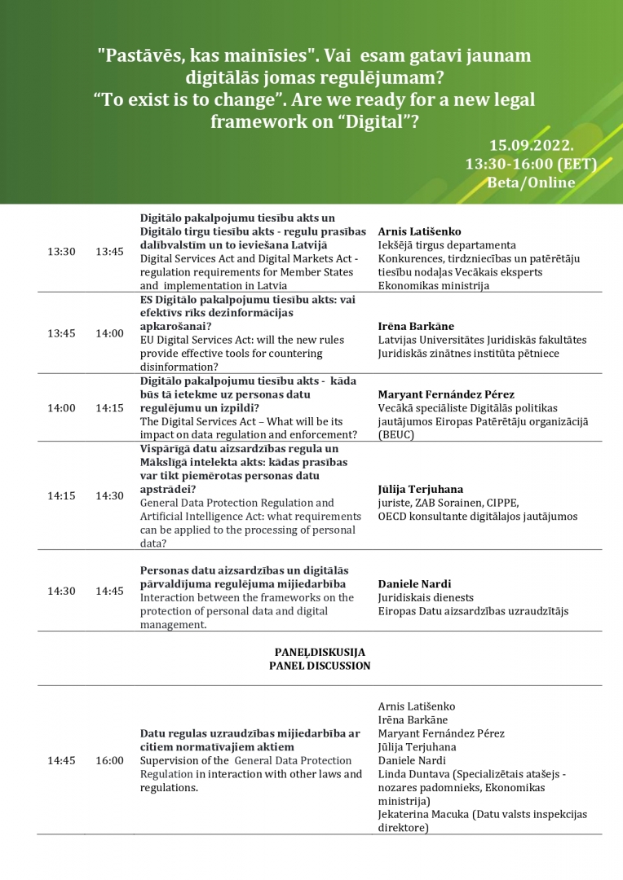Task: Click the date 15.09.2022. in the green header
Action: click(x=531, y=146)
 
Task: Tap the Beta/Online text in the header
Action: click(x=530, y=182)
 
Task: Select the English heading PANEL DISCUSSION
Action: click(x=320, y=666)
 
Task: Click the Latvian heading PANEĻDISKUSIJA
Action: click(x=320, y=652)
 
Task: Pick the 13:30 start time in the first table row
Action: click(x=61, y=252)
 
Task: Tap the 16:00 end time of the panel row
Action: click(x=109, y=760)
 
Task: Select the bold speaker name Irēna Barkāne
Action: click(x=416, y=326)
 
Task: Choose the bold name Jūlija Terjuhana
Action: click(x=421, y=489)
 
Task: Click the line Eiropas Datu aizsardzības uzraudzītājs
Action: click(x=473, y=610)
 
